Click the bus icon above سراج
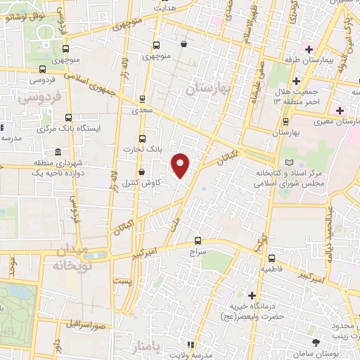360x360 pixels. [x=198, y=240]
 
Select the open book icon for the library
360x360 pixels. [x=281, y=162]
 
